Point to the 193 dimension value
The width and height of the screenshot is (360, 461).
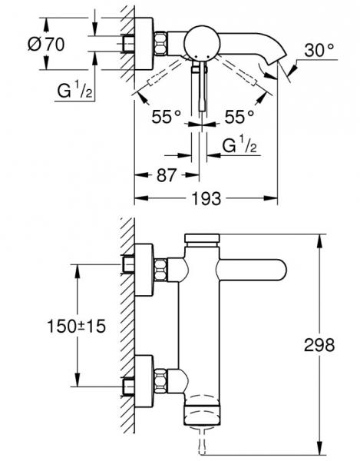[x=206, y=198]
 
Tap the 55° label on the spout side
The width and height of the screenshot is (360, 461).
[x=239, y=118]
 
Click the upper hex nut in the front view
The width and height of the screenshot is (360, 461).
[x=162, y=270]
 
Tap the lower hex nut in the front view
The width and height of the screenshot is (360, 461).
[x=162, y=378]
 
